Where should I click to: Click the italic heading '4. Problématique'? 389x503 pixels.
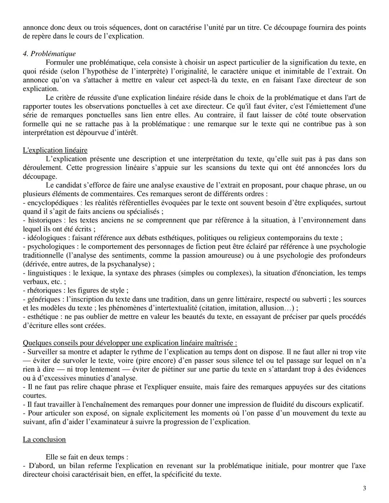coord(49,54)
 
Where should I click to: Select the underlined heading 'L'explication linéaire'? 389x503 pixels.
coord(55,150)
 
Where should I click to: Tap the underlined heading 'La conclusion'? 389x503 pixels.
coord(44,439)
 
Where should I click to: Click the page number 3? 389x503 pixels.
coord(365,488)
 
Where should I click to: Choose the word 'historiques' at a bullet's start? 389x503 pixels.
coord(45,220)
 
